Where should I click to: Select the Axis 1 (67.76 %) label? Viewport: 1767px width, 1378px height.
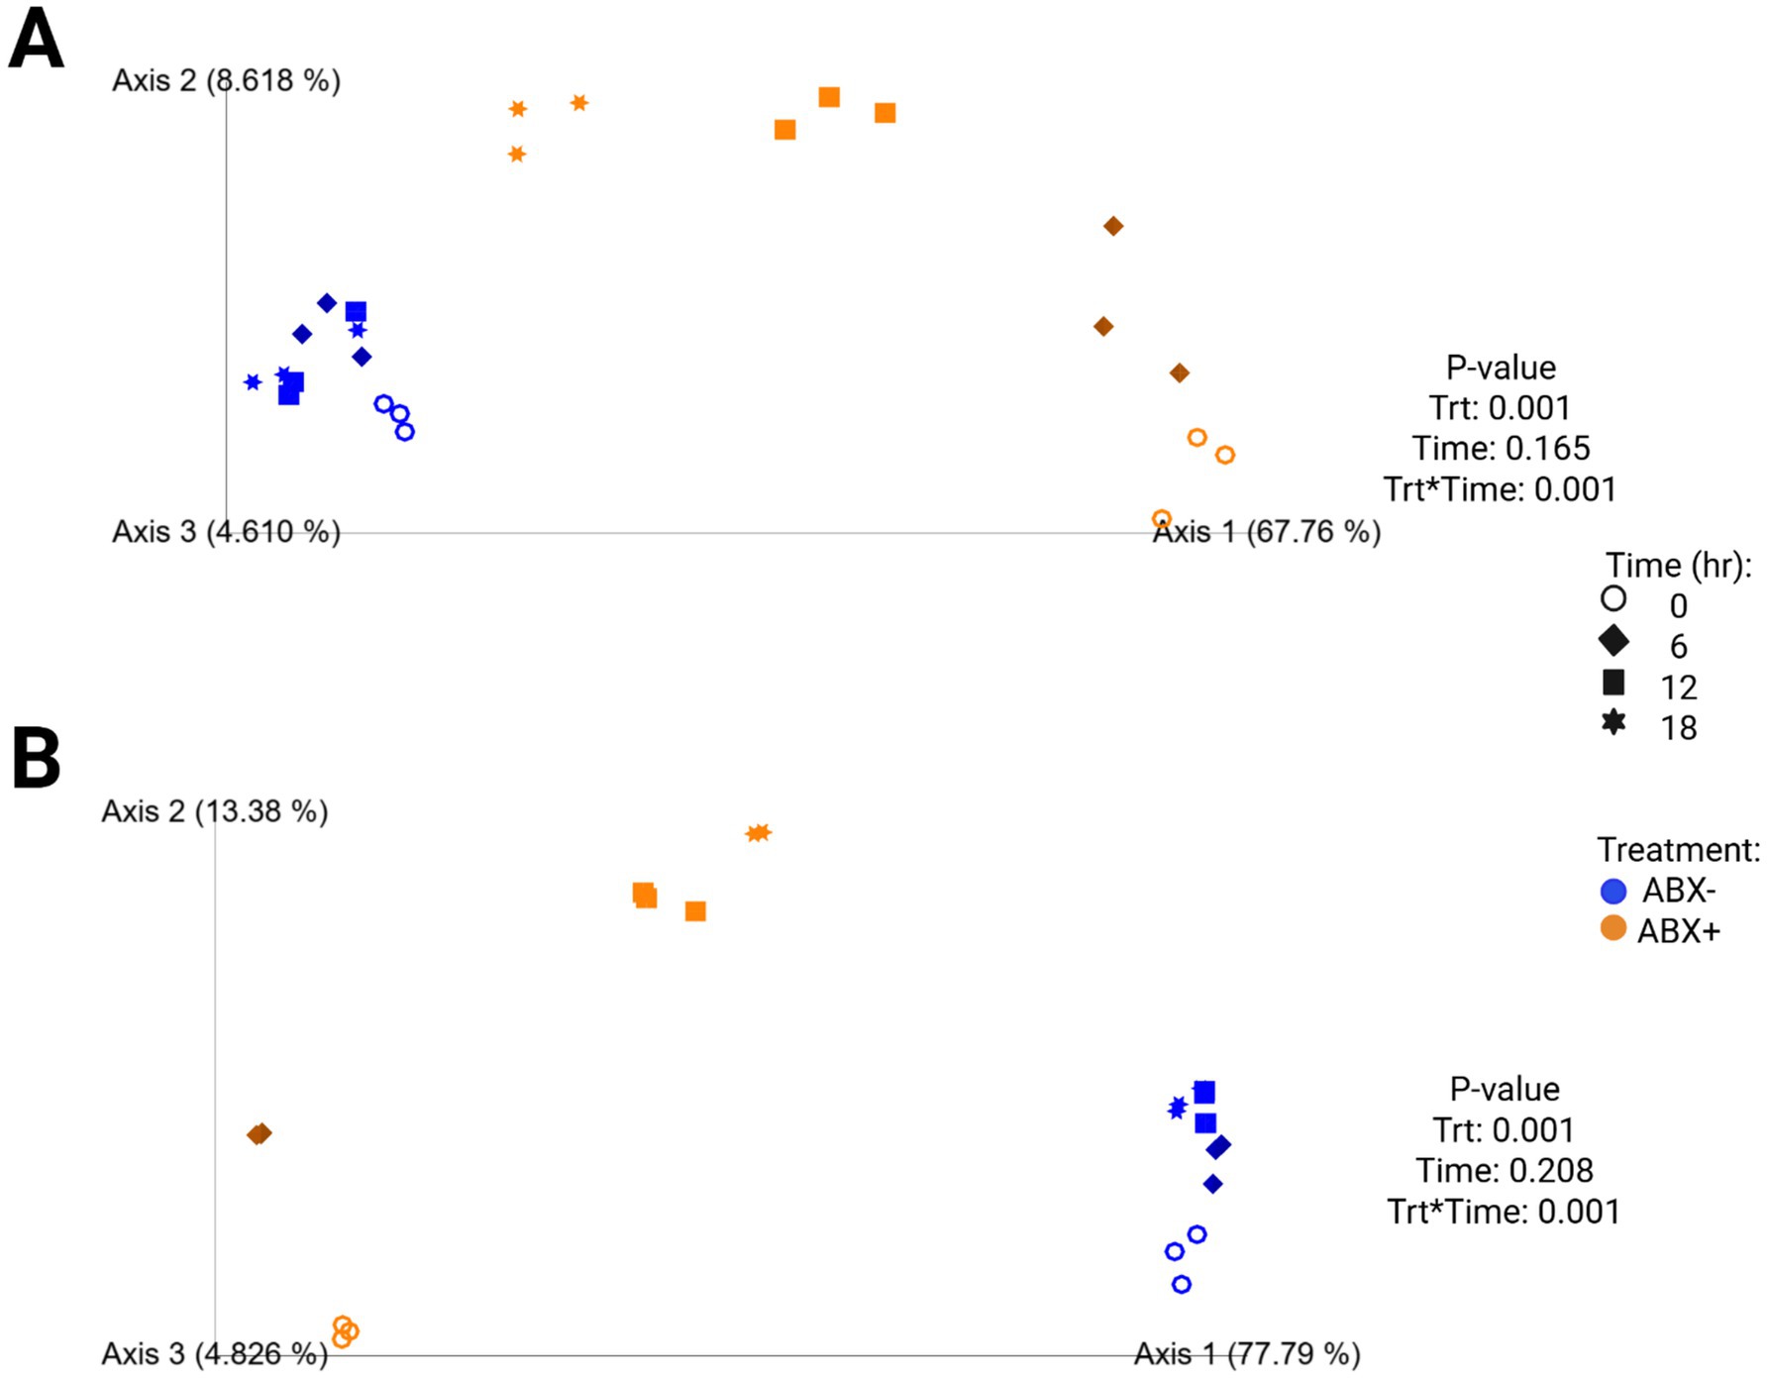pyautogui.click(x=1266, y=532)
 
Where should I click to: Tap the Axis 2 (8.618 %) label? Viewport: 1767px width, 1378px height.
pyautogui.click(x=226, y=80)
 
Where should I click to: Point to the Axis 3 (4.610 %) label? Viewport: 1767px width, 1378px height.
pyautogui.click(x=226, y=532)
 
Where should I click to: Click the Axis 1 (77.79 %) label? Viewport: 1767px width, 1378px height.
pyautogui.click(x=1246, y=1353)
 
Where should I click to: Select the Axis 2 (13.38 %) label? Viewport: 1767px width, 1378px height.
pyautogui.click(x=214, y=811)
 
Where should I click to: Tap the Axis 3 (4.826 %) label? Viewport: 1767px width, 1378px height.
pyautogui.click(x=214, y=1353)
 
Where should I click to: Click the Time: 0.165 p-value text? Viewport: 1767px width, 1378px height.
pyautogui.click(x=1501, y=448)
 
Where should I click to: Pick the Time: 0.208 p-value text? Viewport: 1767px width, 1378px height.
pyautogui.click(x=1504, y=1170)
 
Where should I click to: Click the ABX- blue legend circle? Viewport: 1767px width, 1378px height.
pyautogui.click(x=1613, y=891)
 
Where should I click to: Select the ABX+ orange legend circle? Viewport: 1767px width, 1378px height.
pyautogui.click(x=1613, y=929)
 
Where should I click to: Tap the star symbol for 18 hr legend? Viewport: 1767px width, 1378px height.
pyautogui.click(x=1613, y=722)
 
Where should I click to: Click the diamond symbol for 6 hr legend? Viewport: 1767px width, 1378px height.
pyautogui.click(x=1613, y=641)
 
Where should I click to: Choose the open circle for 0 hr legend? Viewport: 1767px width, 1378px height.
pyautogui.click(x=1613, y=598)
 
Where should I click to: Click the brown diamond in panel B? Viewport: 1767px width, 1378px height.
pyautogui.click(x=260, y=1133)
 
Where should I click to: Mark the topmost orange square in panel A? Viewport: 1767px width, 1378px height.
pyautogui.click(x=829, y=97)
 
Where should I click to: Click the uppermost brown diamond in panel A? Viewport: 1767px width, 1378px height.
pyautogui.click(x=1113, y=226)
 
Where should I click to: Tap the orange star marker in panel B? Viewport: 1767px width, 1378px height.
pyautogui.click(x=758, y=833)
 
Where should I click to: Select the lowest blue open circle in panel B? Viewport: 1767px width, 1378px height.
pyautogui.click(x=1181, y=1284)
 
